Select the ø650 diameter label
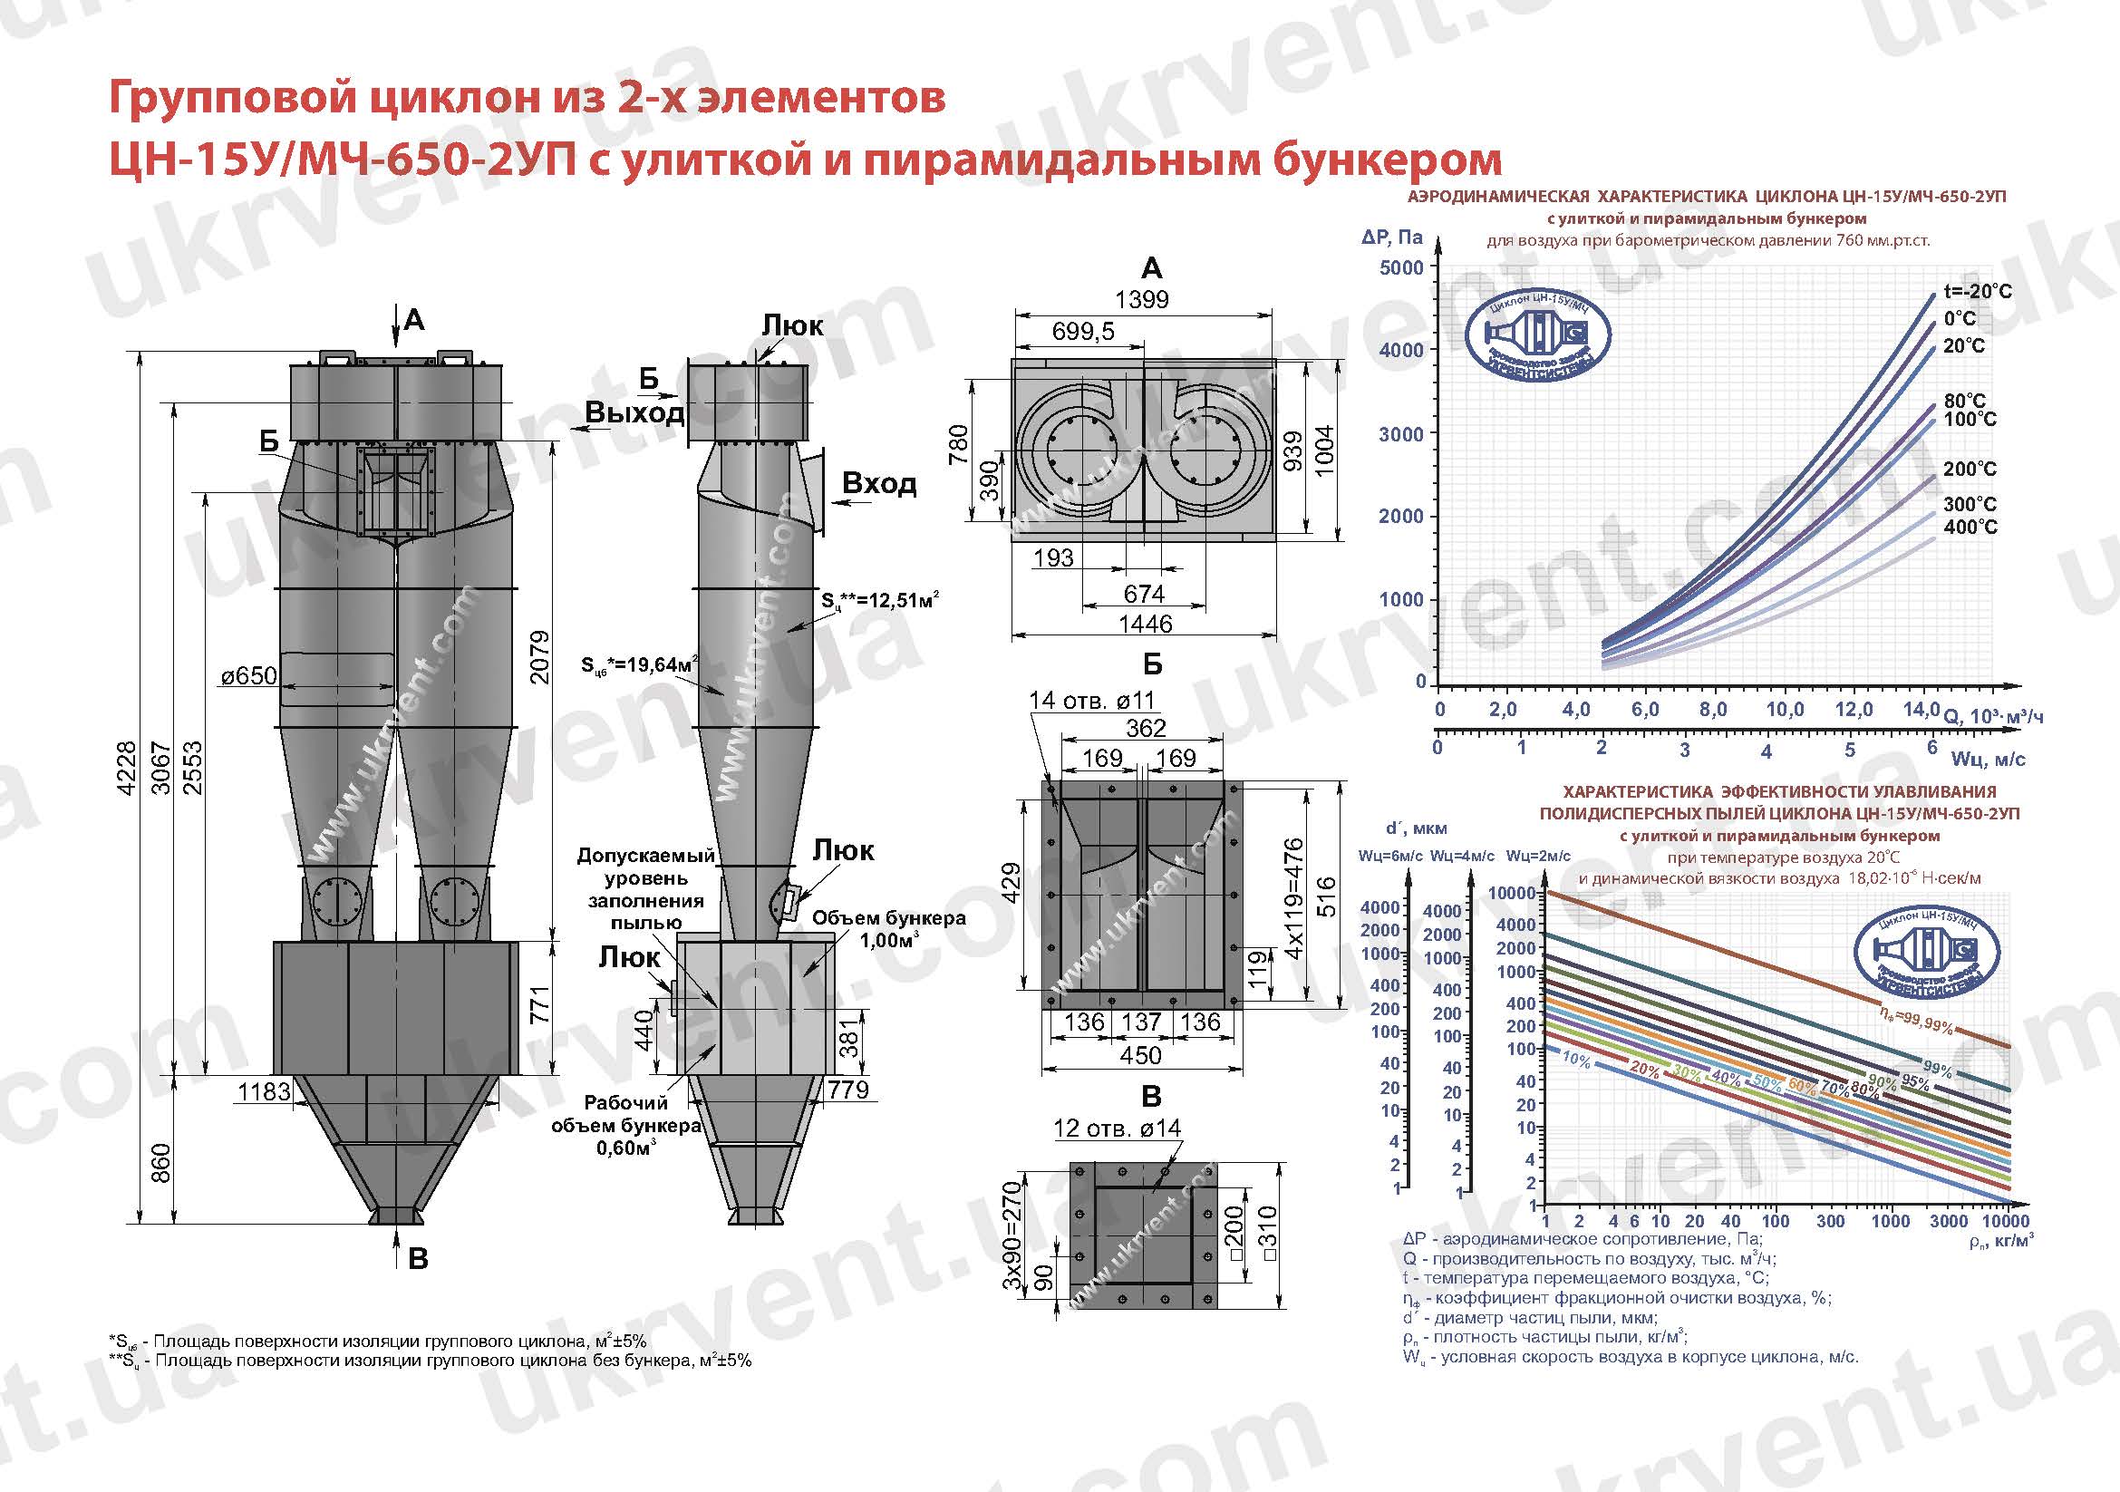tap(248, 676)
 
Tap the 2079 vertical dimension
tap(540, 656)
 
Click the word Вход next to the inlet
tap(879, 484)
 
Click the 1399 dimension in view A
tap(1141, 299)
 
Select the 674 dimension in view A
tap(1143, 594)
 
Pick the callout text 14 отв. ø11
tap(1091, 700)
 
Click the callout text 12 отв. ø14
tap(1118, 1129)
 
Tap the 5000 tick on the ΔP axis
tap(1400, 267)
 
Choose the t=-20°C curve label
tap(1977, 292)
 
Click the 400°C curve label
tap(1970, 528)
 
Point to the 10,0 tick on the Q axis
tap(1785, 709)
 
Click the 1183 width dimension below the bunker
tap(264, 1091)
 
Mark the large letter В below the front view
tap(417, 1259)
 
